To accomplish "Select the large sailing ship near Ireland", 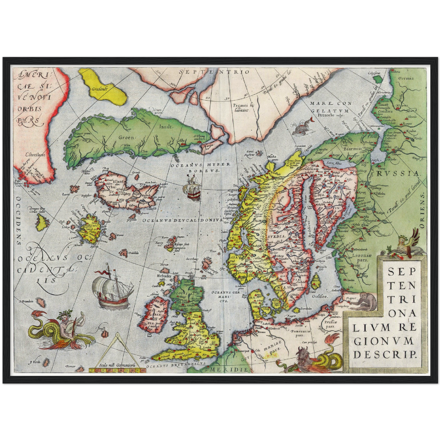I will click(x=113, y=287).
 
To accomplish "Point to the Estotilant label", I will click(x=35, y=155).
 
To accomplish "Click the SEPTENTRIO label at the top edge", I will click(x=214, y=72).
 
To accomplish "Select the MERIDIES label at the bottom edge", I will click(x=232, y=370).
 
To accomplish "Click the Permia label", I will click(x=406, y=78).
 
